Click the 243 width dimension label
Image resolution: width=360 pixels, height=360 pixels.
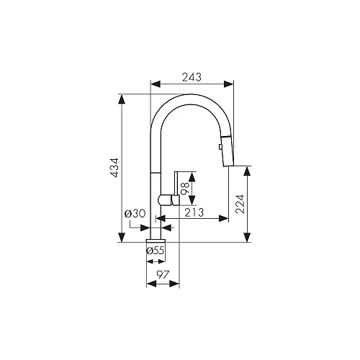(x=192, y=77)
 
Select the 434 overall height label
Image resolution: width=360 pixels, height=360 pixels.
(x=115, y=168)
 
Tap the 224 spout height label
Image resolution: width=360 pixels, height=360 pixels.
(x=240, y=204)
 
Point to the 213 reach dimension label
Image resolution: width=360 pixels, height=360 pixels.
(x=194, y=212)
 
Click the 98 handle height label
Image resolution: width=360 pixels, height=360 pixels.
(x=186, y=189)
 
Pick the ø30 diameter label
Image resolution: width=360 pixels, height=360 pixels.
(x=135, y=213)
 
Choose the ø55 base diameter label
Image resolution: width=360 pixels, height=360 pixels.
(x=156, y=251)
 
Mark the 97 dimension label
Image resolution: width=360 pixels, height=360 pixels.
(x=163, y=274)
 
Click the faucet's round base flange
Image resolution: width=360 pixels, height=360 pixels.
(x=156, y=240)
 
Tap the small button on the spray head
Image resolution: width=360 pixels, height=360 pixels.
(x=220, y=147)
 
